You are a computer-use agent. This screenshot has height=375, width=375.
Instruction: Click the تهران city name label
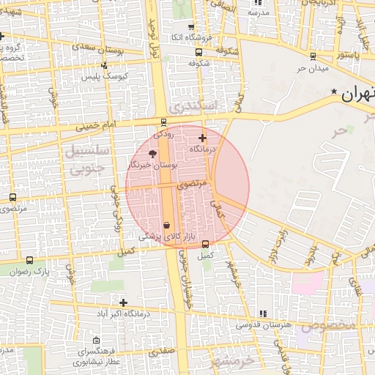pyautogui.click(x=358, y=93)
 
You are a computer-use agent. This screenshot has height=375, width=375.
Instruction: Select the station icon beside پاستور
pyautogui.click(x=313, y=56)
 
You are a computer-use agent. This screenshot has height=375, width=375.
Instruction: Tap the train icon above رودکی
pyautogui.click(x=163, y=122)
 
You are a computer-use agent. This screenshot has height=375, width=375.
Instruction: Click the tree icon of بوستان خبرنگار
pyautogui.click(x=152, y=153)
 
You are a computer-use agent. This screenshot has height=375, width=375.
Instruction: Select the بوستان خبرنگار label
pyautogui.click(x=152, y=166)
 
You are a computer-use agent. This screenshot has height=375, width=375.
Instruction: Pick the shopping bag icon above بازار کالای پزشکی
pyautogui.click(x=167, y=225)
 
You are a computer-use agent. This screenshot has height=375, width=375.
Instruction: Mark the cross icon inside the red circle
pyautogui.click(x=202, y=137)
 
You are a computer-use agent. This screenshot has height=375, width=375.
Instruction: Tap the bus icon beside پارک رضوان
pyautogui.click(x=29, y=260)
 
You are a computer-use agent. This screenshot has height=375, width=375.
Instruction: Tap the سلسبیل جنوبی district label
pyautogui.click(x=87, y=160)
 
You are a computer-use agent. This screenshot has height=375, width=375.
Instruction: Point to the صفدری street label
pyautogui.click(x=162, y=352)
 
